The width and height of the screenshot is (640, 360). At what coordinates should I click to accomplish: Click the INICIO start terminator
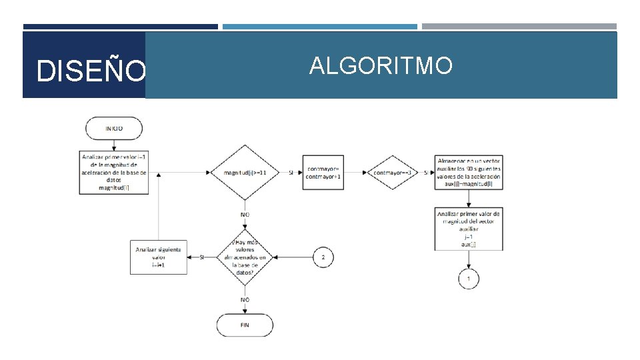click(x=113, y=128)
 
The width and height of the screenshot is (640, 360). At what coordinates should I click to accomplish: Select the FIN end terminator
click(x=245, y=325)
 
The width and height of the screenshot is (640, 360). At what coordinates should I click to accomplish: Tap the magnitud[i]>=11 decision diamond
click(x=245, y=173)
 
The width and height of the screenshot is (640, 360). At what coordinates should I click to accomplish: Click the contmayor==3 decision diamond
click(x=392, y=173)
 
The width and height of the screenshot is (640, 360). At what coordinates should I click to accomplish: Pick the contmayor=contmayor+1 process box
click(x=324, y=173)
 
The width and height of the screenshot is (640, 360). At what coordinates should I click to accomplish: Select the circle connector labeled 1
click(x=469, y=278)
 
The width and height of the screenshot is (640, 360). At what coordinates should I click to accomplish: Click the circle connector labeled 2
click(x=323, y=257)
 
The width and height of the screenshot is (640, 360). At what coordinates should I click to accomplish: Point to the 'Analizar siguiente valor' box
click(x=159, y=257)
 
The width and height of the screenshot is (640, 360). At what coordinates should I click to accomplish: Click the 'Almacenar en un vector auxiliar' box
click(x=469, y=173)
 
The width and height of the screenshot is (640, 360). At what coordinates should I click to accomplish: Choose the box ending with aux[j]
click(x=469, y=229)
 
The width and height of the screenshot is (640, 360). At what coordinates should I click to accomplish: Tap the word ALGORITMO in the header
click(x=381, y=65)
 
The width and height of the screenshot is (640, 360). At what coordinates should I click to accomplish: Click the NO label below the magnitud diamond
click(x=245, y=215)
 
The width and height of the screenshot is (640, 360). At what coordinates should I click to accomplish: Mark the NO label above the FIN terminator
click(x=245, y=300)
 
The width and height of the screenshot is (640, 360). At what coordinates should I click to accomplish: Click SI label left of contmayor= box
click(x=291, y=173)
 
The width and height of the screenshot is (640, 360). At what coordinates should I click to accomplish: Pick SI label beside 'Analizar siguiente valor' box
click(x=202, y=257)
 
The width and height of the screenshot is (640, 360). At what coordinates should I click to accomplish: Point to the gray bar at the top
click(x=519, y=27)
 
